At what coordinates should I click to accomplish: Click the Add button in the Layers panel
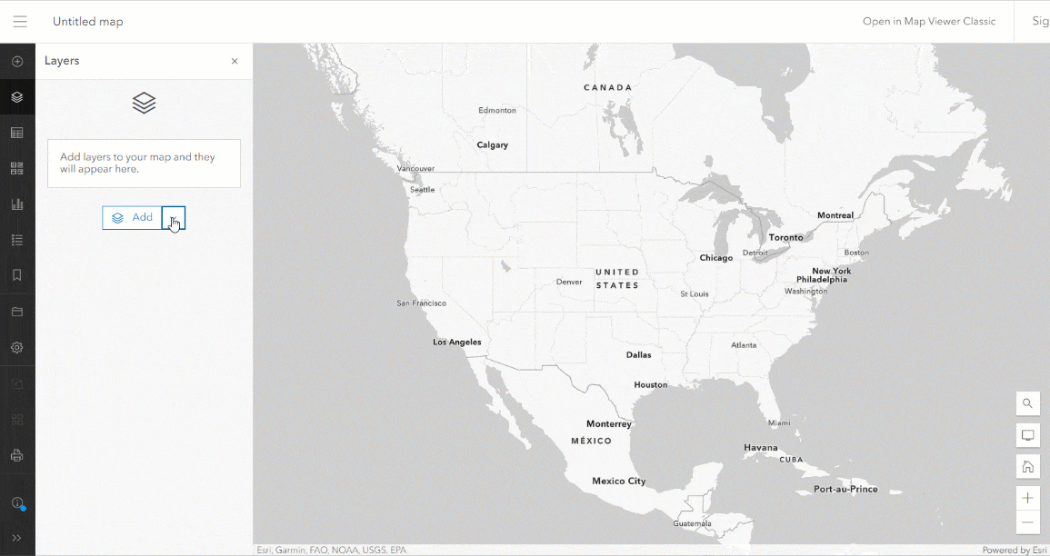[132, 218]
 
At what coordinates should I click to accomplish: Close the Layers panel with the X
[235, 62]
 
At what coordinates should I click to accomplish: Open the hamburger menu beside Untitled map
[20, 22]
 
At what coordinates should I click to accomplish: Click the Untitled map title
[88, 22]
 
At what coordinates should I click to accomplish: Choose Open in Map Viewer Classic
[929, 22]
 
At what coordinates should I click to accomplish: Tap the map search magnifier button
[1028, 403]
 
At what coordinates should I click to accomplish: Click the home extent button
[1028, 467]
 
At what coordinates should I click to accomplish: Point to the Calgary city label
[493, 144]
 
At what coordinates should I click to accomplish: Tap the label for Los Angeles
[457, 343]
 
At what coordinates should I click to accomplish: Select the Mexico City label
[619, 481]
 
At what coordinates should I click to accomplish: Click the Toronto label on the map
[786, 237]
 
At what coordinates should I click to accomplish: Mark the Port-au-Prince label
[845, 489]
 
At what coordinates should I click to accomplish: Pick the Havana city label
[761, 447]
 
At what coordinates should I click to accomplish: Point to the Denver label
[569, 282]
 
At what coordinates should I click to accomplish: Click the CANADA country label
[607, 88]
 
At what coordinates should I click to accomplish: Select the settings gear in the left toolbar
[17, 347]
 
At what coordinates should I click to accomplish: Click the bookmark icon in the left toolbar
[17, 275]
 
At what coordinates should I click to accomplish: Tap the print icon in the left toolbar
[17, 454]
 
